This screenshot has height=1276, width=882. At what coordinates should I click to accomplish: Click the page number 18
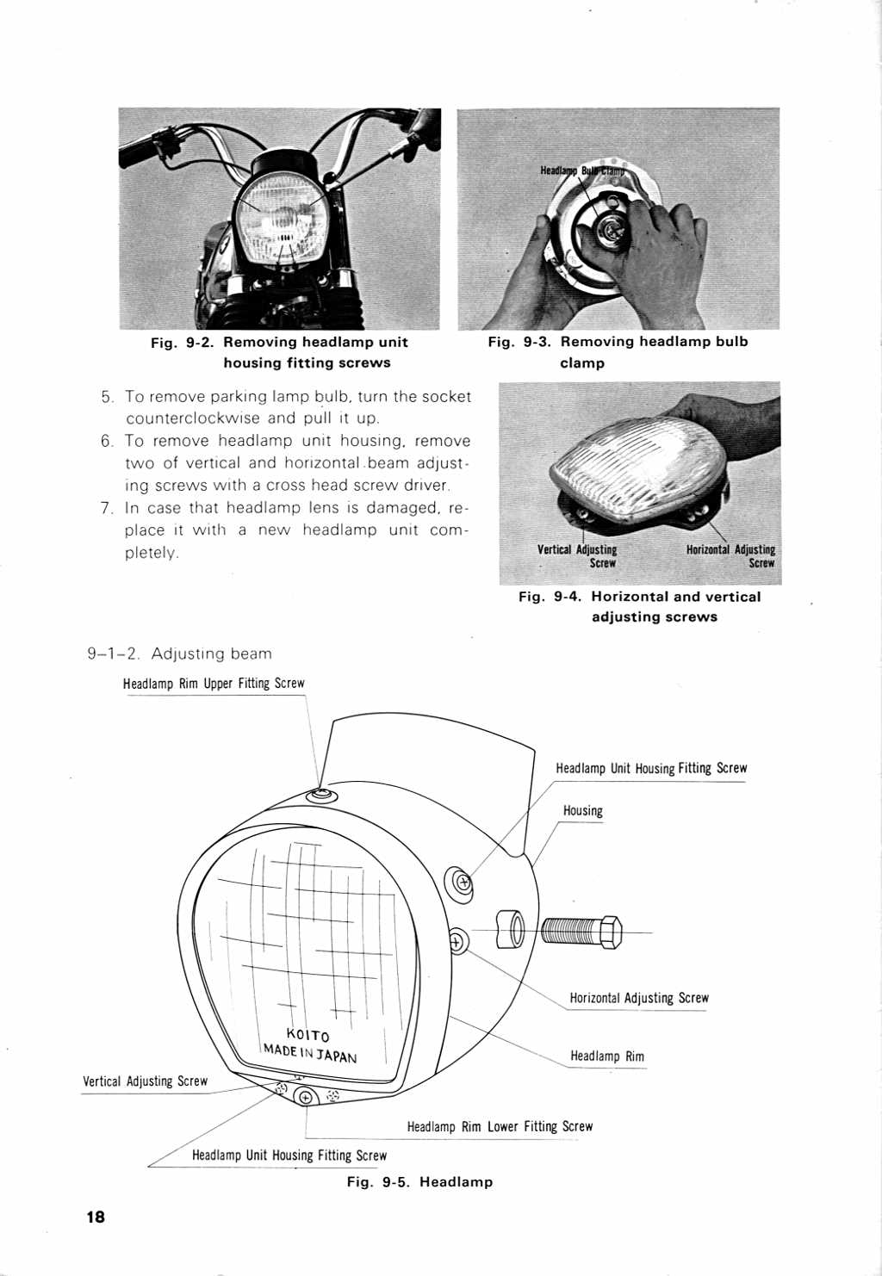pos(95,1217)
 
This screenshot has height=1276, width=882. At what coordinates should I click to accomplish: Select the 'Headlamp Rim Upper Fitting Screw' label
pos(214,684)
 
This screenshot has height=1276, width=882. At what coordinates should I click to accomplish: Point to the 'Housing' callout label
pos(583,811)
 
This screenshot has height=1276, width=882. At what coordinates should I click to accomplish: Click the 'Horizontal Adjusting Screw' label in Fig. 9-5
pos(638,999)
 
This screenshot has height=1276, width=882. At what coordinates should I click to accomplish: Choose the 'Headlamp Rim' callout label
pos(606,1056)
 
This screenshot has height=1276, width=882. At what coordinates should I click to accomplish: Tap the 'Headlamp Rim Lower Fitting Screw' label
pos(500,1126)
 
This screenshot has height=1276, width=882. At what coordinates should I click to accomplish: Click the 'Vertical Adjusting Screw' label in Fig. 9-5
pos(145,1081)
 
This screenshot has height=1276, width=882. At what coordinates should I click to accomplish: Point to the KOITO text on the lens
pos(307,1035)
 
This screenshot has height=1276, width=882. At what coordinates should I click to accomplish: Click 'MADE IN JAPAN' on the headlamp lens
pos(310,1053)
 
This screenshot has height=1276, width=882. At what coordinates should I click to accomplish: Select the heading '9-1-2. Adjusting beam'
pos(179,653)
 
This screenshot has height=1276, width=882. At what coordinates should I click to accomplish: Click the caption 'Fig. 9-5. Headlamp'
pos(419,1182)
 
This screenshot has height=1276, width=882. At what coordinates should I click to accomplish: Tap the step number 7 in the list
pos(106,508)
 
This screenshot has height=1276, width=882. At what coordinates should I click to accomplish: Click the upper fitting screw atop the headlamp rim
pos(322,793)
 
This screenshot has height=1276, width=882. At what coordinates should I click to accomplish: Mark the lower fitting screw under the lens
pos(306,1096)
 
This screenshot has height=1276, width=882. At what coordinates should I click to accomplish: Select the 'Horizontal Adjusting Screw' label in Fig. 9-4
pos(730,556)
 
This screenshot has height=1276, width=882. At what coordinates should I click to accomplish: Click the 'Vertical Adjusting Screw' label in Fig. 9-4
pos(577,556)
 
